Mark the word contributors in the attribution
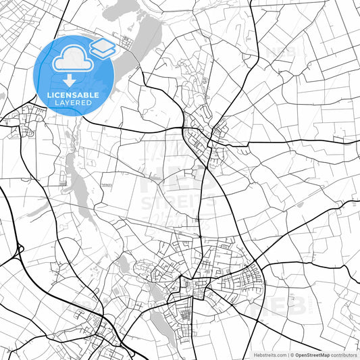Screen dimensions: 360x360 pyautogui.click(x=342, y=355)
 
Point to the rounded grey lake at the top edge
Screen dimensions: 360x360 pyautogui.click(x=123, y=9)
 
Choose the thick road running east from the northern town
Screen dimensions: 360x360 pyautogui.click(x=290, y=142)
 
